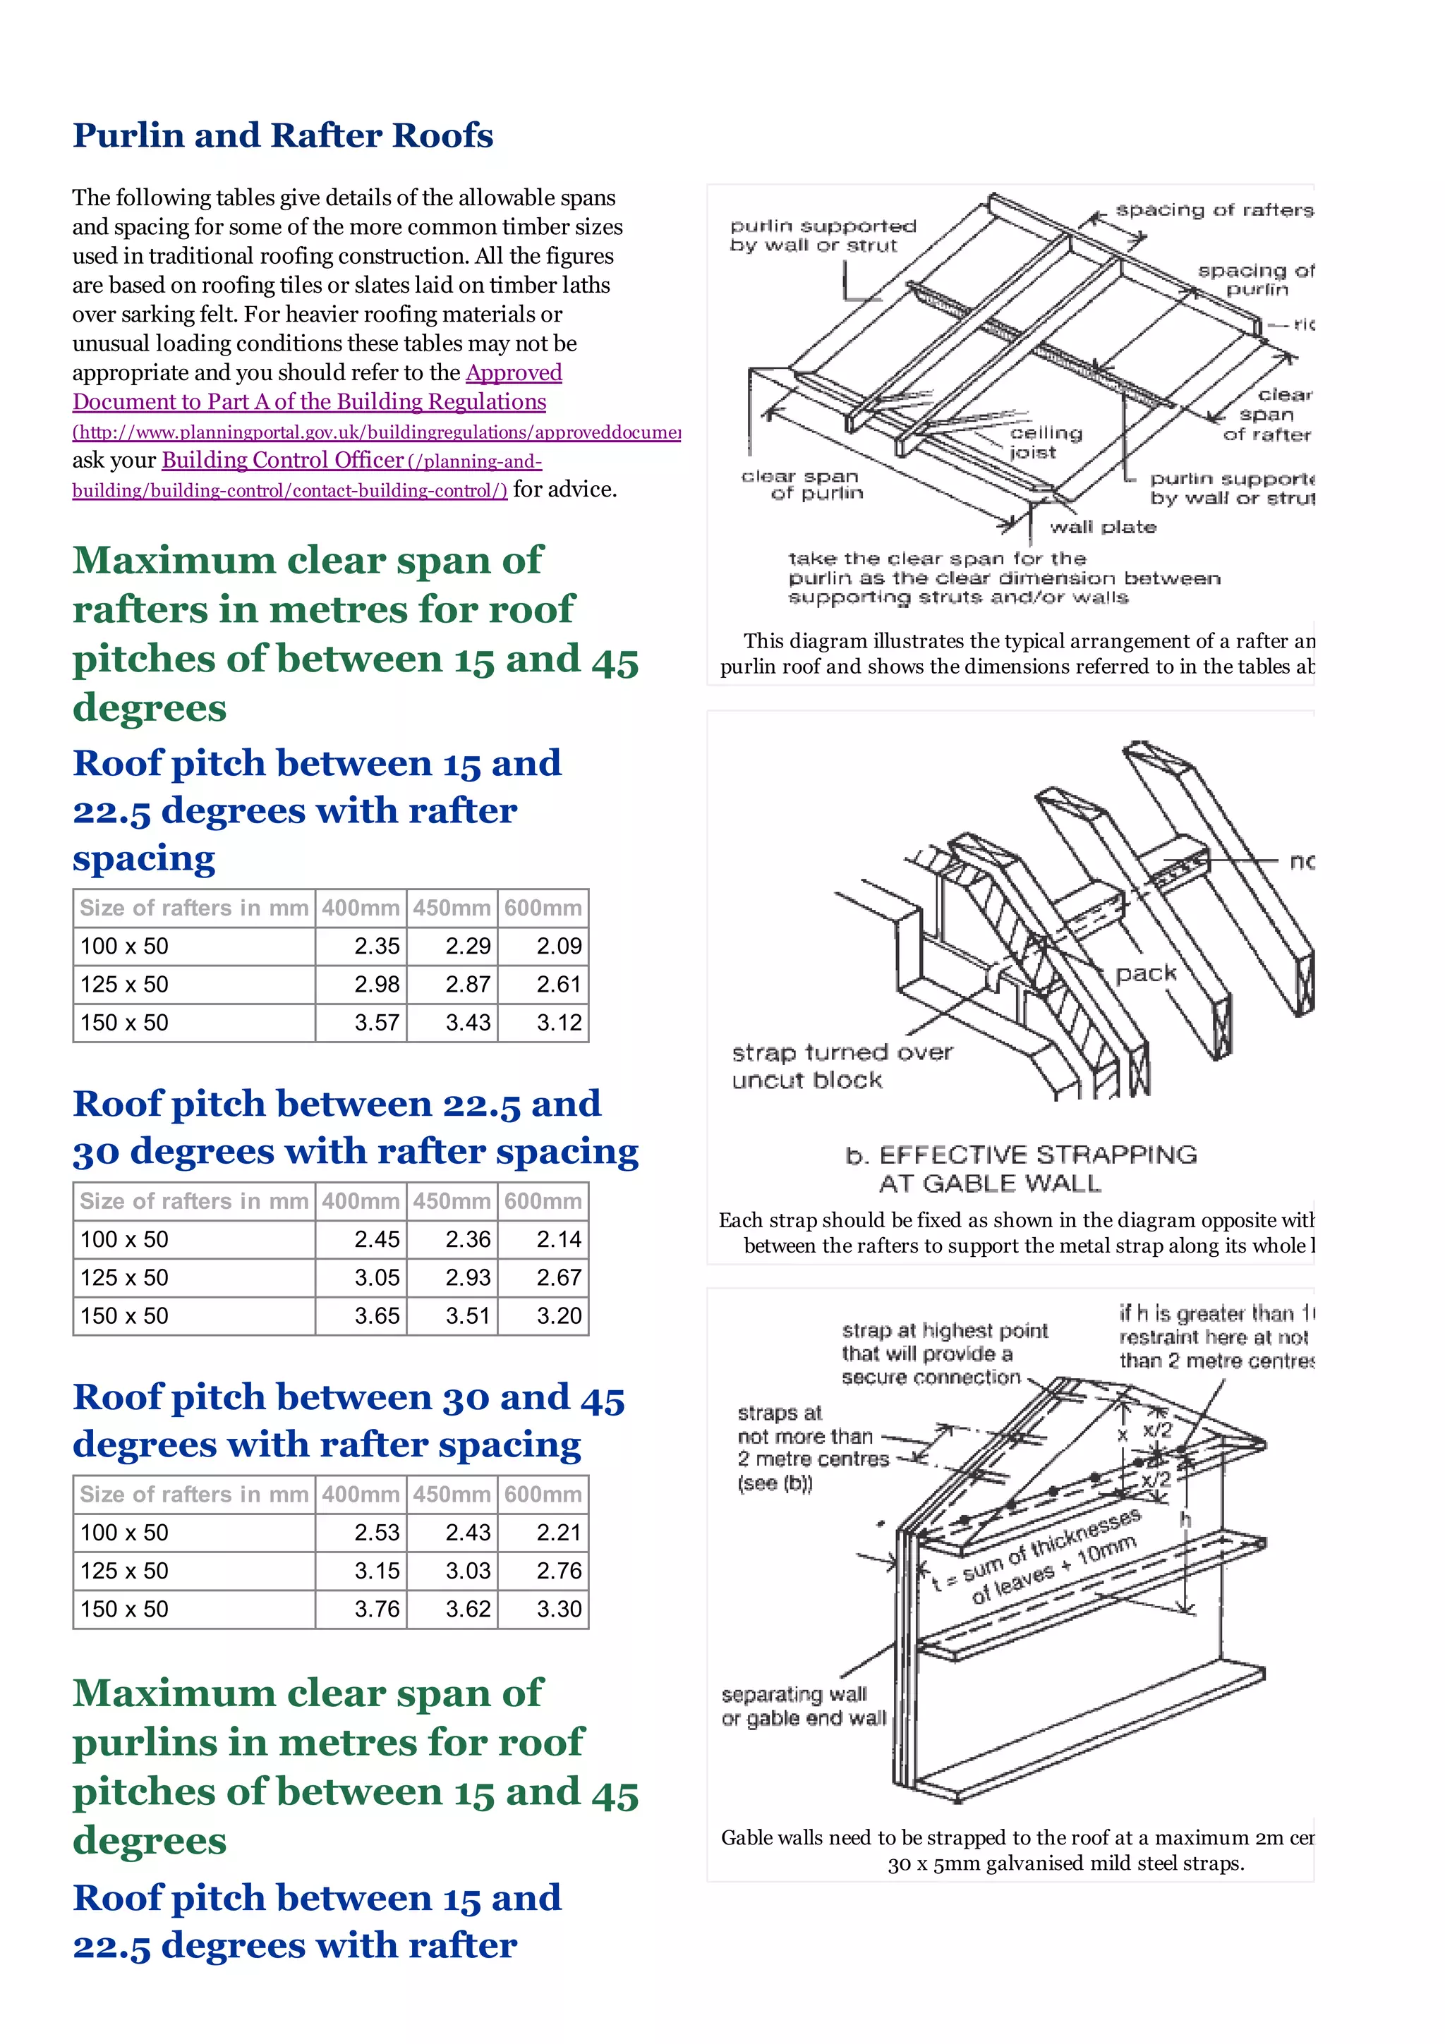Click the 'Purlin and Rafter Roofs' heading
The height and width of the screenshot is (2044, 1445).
coord(282,135)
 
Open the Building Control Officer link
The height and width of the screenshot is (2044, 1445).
coord(282,461)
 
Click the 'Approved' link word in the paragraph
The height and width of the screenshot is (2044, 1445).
coord(514,372)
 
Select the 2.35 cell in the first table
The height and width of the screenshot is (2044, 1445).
coord(377,947)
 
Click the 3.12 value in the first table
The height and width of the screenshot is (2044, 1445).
coord(558,1023)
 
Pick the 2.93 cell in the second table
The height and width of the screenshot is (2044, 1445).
coord(467,1277)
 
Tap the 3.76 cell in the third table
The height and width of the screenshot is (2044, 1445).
coord(377,1609)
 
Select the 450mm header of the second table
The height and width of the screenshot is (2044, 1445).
coord(452,1201)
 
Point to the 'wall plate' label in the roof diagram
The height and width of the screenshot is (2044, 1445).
coord(1102,527)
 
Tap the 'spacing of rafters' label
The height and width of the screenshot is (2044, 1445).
coord(1214,210)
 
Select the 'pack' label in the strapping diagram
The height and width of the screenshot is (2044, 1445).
coord(1146,973)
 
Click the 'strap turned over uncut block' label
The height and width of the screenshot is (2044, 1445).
coord(840,1066)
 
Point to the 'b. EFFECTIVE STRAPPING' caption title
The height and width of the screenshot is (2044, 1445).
coord(1020,1155)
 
